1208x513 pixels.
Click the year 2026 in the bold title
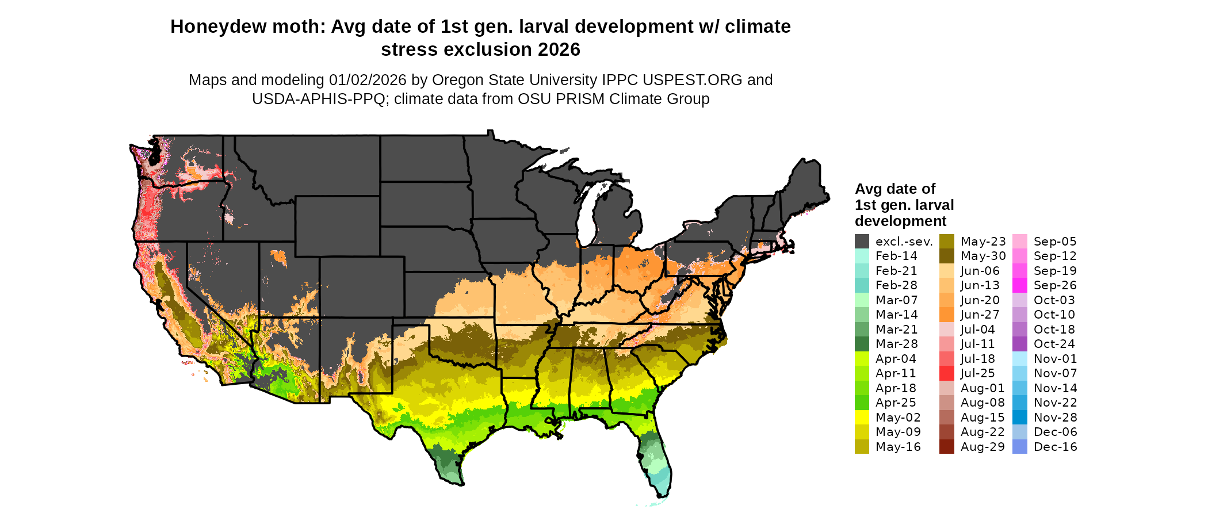(x=559, y=50)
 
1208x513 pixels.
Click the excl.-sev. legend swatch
(x=862, y=242)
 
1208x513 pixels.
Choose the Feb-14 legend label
(x=896, y=256)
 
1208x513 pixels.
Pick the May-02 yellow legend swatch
(x=862, y=418)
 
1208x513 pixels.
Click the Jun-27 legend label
(x=980, y=315)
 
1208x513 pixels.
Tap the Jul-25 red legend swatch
(x=946, y=373)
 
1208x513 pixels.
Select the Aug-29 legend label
(x=982, y=447)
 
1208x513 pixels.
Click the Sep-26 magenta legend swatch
(x=1019, y=285)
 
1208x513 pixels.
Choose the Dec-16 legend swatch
(x=1019, y=447)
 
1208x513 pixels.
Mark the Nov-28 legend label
(x=1055, y=418)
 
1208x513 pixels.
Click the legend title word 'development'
(x=900, y=221)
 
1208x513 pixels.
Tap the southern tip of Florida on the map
(x=662, y=493)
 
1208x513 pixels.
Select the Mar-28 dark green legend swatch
(x=862, y=344)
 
